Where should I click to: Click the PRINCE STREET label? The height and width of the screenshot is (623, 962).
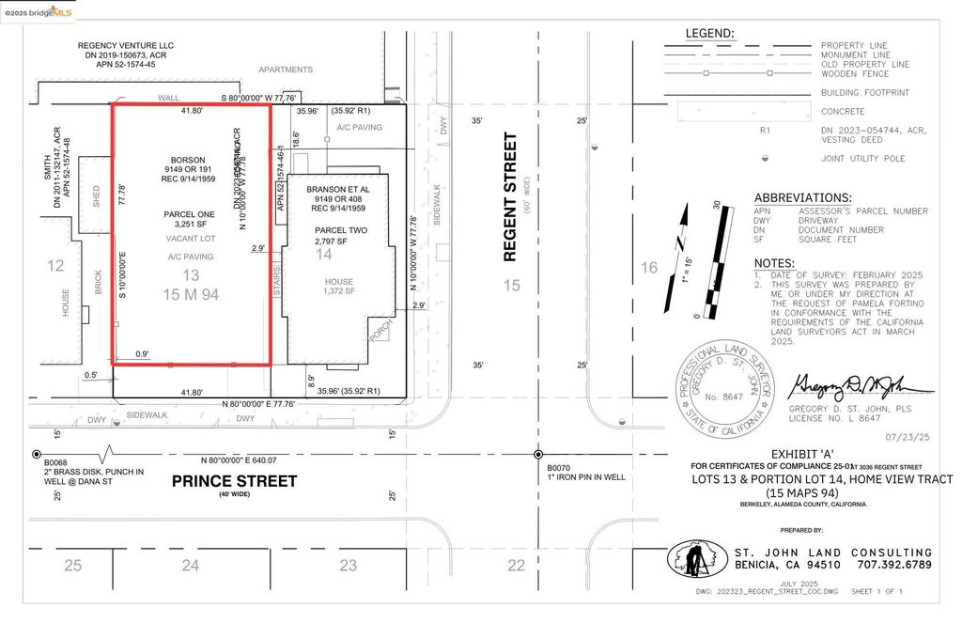tap(234, 481)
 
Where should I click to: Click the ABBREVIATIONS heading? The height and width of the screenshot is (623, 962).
tap(802, 198)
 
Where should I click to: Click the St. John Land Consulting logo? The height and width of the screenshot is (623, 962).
tap(697, 560)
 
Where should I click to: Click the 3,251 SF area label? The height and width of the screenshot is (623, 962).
tap(191, 226)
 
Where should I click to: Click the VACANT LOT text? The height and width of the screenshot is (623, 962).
tap(191, 240)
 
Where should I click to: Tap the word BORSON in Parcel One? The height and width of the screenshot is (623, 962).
tap(188, 160)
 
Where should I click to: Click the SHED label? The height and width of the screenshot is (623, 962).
tap(96, 195)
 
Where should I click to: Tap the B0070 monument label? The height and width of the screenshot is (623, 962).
tap(559, 466)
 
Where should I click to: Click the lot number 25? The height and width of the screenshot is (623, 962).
tap(73, 565)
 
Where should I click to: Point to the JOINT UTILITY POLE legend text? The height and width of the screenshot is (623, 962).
tap(862, 159)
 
